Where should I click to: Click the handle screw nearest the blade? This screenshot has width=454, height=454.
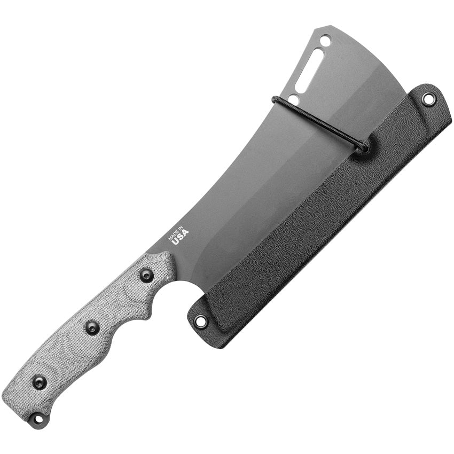(x=146, y=276)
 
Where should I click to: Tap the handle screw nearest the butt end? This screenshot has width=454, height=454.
(x=39, y=382)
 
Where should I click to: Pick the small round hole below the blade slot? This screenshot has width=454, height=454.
(x=293, y=99)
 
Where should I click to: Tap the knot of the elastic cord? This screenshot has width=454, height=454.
(x=362, y=146)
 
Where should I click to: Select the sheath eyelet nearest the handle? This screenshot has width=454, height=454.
(x=200, y=321)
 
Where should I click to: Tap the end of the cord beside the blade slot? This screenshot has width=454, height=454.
(x=276, y=99)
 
